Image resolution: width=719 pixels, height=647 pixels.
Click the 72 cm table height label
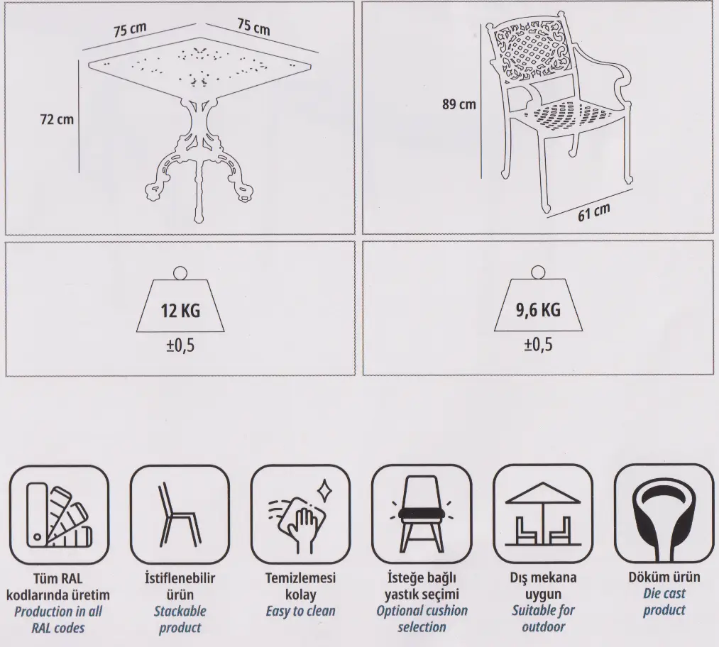pos(57,120)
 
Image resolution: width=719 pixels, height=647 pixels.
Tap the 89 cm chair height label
pos(459,104)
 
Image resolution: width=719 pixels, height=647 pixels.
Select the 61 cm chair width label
pos(594,211)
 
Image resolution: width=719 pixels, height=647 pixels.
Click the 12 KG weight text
pos(180,311)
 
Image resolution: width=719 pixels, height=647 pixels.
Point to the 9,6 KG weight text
pos(538,310)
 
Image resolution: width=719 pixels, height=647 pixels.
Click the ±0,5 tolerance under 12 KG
pos(180,345)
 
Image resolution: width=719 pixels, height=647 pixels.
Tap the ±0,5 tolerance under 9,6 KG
pos(538,345)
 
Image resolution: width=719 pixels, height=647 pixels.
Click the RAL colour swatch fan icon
pos(59,515)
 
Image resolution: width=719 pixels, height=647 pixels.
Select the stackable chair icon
pos(180,514)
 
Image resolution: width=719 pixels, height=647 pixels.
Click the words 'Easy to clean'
pos(300,611)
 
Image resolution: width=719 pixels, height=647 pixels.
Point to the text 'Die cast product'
pos(664,602)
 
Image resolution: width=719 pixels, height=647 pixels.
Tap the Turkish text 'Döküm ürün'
pos(664,577)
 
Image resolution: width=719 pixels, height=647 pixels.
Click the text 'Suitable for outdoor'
pos(543,619)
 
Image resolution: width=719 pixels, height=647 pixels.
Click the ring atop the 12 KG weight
pos(180,274)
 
